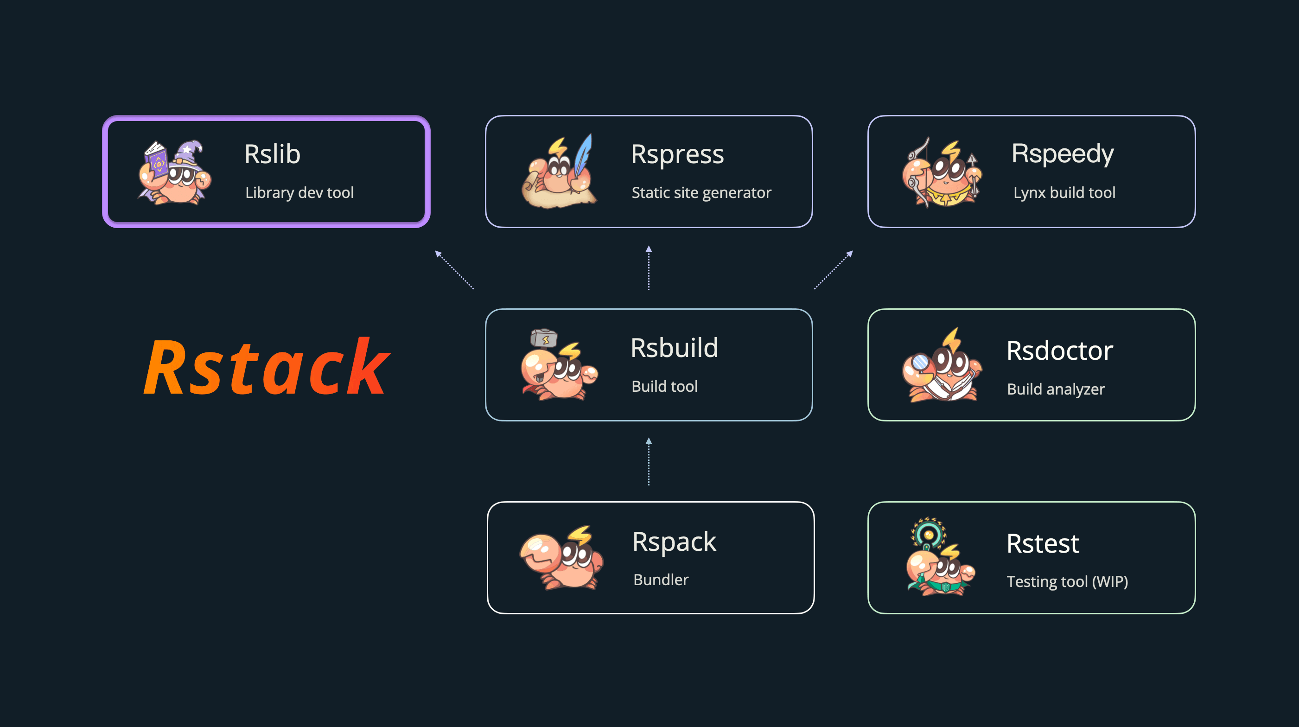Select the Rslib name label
(x=272, y=154)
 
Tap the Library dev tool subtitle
(x=299, y=192)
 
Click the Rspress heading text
(x=677, y=154)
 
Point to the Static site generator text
(x=701, y=192)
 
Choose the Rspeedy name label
(x=1063, y=154)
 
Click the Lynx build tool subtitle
(x=1064, y=192)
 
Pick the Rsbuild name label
(x=674, y=348)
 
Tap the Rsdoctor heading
(x=1059, y=351)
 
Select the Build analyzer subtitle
(x=1056, y=389)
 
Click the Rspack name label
(x=674, y=542)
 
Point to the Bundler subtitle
(x=661, y=580)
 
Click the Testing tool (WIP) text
(x=1067, y=582)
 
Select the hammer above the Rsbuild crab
(x=544, y=338)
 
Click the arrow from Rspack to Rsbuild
(x=649, y=462)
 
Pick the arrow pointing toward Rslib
(x=454, y=270)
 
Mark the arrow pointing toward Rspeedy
(x=834, y=270)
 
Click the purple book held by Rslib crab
(x=157, y=161)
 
